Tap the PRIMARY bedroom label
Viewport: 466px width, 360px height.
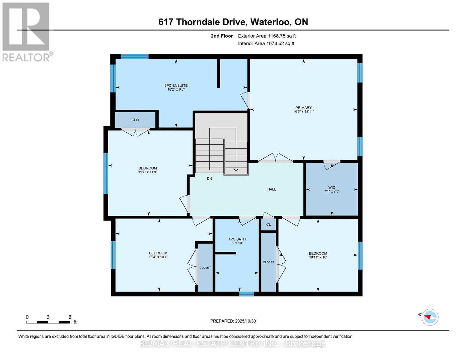click(303, 108)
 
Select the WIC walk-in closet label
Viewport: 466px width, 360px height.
click(332, 187)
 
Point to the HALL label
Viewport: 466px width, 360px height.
click(272, 189)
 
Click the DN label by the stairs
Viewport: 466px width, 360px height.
click(209, 178)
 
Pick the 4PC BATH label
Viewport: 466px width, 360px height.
click(237, 239)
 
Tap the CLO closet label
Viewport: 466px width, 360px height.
click(135, 120)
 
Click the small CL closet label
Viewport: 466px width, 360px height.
click(269, 224)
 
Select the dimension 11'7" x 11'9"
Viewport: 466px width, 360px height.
click(148, 172)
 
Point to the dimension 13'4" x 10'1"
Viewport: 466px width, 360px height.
click(158, 257)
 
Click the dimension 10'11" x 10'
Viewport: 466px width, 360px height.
click(318, 257)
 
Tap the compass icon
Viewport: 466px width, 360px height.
click(430, 317)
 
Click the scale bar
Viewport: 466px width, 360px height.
click(48, 322)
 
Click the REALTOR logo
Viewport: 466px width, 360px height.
click(26, 31)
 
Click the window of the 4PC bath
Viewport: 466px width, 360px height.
click(246, 294)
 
